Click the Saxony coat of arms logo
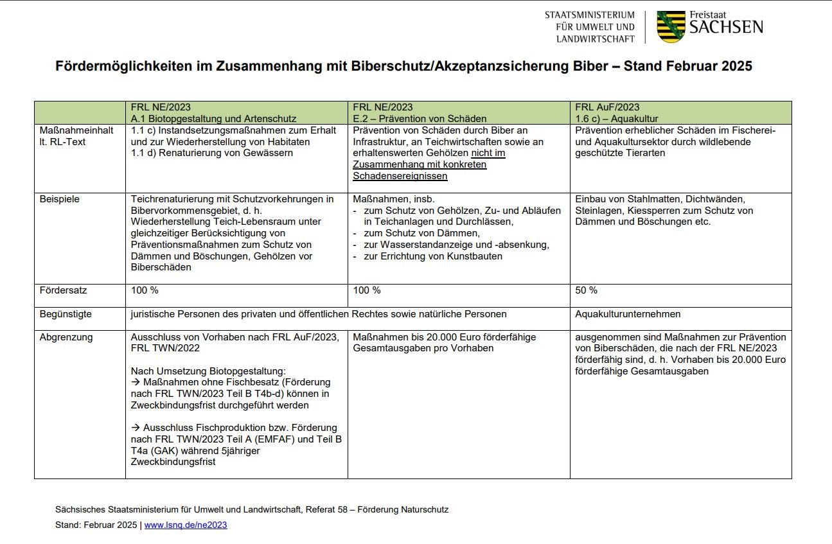[671, 26]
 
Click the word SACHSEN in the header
[726, 27]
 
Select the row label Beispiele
[60, 199]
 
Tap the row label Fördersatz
[63, 290]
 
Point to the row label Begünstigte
[66, 314]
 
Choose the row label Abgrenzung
[66, 337]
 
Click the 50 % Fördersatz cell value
[586, 290]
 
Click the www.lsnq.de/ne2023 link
[186, 525]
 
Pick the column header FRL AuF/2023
[607, 107]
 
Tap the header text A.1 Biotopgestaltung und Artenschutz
[213, 119]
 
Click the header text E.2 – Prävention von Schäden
[420, 119]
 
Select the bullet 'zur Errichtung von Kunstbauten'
[433, 256]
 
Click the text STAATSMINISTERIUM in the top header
[589, 15]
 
